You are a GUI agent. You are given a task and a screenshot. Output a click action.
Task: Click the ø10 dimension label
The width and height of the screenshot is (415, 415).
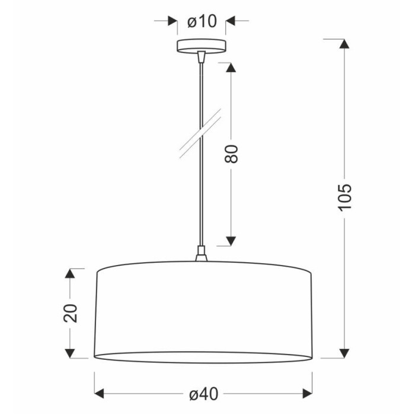click(202, 21)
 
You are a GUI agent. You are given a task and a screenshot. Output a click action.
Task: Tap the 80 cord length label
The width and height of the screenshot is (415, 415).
click(231, 154)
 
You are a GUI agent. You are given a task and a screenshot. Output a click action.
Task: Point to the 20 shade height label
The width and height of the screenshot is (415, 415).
click(71, 314)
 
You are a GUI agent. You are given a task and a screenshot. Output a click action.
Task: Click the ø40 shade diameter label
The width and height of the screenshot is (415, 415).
click(204, 394)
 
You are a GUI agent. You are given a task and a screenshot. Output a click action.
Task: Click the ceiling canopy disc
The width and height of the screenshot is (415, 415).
click(202, 46)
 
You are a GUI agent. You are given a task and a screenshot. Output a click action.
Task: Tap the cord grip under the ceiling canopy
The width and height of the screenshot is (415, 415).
click(202, 57)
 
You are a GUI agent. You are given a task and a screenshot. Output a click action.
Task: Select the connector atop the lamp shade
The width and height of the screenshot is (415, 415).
click(201, 254)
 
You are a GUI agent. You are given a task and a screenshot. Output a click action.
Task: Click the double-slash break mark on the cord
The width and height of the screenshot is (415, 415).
click(200, 133)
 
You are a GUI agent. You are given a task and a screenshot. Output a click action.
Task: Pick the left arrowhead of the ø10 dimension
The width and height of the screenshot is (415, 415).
click(173, 21)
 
